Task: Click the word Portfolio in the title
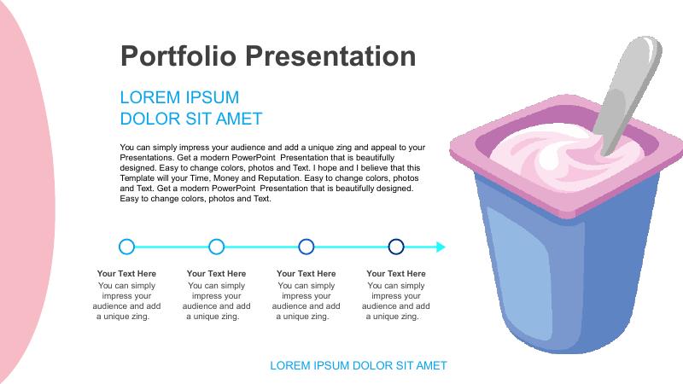178,56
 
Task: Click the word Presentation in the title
330,56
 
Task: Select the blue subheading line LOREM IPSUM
179,97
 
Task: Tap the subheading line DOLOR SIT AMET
191,119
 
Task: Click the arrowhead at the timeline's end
441,247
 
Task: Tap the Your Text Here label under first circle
126,273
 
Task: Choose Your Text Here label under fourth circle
396,273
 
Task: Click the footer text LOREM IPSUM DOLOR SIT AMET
359,366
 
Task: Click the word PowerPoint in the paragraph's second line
254,158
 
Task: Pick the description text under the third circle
306,301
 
